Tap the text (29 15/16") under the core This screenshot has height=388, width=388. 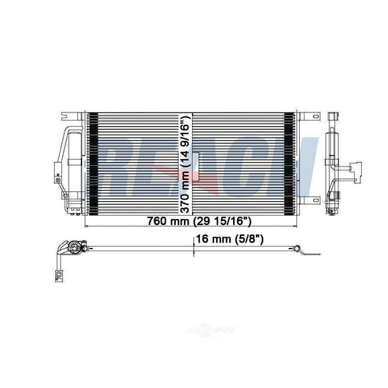tap(217, 222)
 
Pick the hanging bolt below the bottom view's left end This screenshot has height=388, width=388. tap(59, 275)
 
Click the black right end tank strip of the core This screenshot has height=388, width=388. tap(290, 162)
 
